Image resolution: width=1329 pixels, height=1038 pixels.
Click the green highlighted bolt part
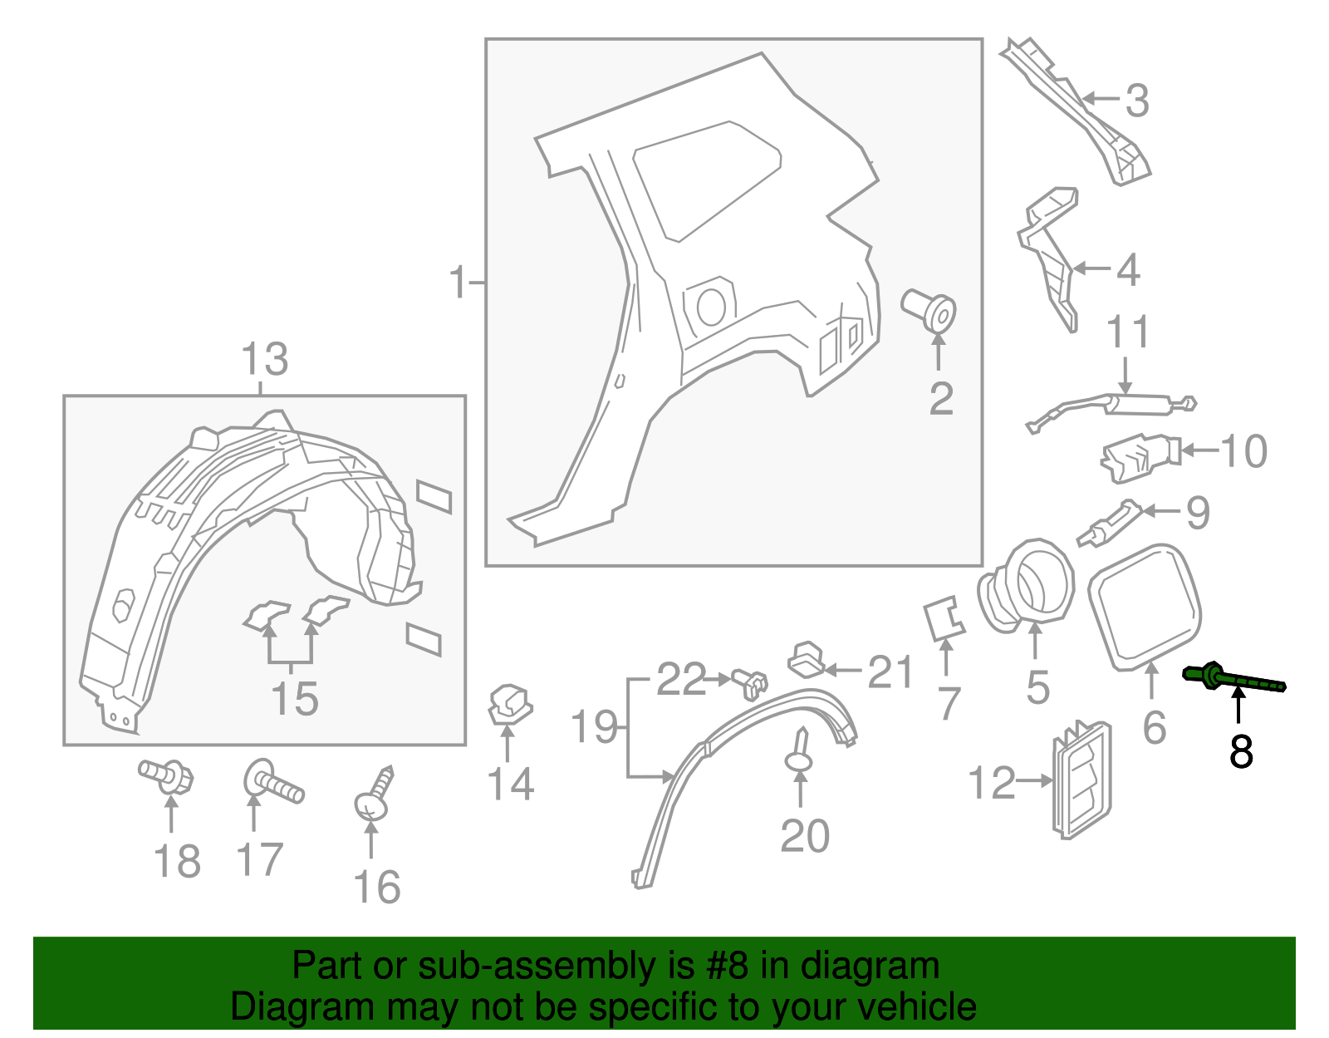tap(1233, 679)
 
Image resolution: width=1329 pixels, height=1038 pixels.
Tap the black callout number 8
tap(1240, 751)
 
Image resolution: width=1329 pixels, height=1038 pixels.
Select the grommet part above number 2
tap(930, 310)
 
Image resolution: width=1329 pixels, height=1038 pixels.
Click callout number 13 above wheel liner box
tap(264, 360)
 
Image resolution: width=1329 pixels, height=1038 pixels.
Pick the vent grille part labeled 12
tap(1081, 779)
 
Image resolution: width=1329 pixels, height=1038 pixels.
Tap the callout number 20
tap(804, 835)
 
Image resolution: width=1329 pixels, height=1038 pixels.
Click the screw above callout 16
tap(374, 796)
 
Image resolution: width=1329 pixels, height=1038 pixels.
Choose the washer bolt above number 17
tap(272, 783)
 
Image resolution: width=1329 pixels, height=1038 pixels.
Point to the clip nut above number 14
tap(508, 705)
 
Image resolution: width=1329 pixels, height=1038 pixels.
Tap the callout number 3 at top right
tap(1137, 101)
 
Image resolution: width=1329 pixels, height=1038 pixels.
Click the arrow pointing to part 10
tap(1199, 450)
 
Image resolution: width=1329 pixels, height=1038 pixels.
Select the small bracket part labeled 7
tap(944, 620)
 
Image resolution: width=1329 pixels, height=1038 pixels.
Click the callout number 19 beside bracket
tap(595, 727)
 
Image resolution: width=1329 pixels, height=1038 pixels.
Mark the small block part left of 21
tap(806, 658)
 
